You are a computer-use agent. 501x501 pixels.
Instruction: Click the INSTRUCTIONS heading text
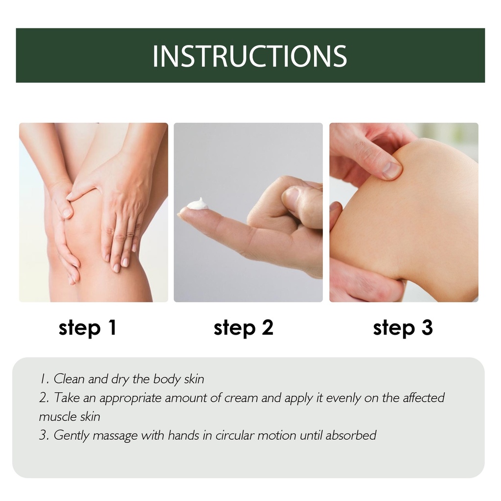click(x=250, y=56)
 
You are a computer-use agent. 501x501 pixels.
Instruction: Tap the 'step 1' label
click(x=88, y=328)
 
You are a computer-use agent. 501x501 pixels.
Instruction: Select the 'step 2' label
click(x=244, y=328)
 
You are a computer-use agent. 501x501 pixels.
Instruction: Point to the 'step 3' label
click(x=403, y=328)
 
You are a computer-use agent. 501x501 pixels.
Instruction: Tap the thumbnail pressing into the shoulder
click(x=391, y=170)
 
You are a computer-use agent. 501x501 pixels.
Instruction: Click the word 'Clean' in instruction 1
click(x=69, y=379)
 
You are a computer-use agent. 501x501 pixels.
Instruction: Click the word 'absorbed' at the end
click(x=351, y=435)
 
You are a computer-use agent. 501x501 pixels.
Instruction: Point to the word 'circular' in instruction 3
click(x=235, y=435)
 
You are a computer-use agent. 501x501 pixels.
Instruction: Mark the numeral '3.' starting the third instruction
click(x=44, y=435)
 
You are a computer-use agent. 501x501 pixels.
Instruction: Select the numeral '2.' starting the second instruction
click(x=44, y=398)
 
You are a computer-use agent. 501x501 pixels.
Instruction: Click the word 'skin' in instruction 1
click(x=194, y=379)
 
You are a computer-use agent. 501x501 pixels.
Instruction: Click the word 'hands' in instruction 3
click(x=183, y=435)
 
